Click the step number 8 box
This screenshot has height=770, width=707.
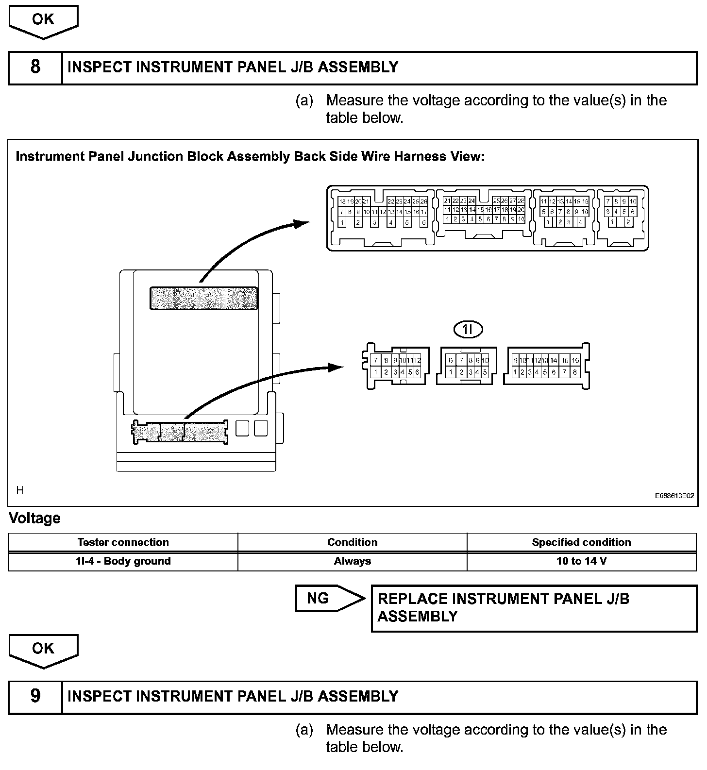pyautogui.click(x=35, y=67)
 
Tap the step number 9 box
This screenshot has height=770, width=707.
pyautogui.click(x=35, y=697)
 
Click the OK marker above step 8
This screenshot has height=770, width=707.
pyautogui.click(x=43, y=20)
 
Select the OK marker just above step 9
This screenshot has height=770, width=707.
pyautogui.click(x=43, y=650)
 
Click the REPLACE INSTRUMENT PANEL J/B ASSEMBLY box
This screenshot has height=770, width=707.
pyautogui.click(x=534, y=608)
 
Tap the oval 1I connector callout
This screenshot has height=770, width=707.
pyautogui.click(x=468, y=330)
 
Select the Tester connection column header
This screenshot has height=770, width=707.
pyautogui.click(x=123, y=542)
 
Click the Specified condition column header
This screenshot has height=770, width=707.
pyautogui.click(x=581, y=542)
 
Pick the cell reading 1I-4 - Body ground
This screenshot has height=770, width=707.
pyautogui.click(x=123, y=561)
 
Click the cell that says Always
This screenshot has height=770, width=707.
pyautogui.click(x=353, y=561)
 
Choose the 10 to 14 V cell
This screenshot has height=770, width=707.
pyautogui.click(x=581, y=561)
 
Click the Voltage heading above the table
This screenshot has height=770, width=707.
pyautogui.click(x=35, y=519)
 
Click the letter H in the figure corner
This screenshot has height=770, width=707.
pyautogui.click(x=20, y=490)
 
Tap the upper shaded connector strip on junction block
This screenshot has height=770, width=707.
pyautogui.click(x=204, y=298)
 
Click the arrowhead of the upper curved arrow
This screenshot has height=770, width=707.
pyautogui.click(x=302, y=223)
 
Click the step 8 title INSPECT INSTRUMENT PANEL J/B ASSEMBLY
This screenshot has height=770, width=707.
pyautogui.click(x=233, y=67)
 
